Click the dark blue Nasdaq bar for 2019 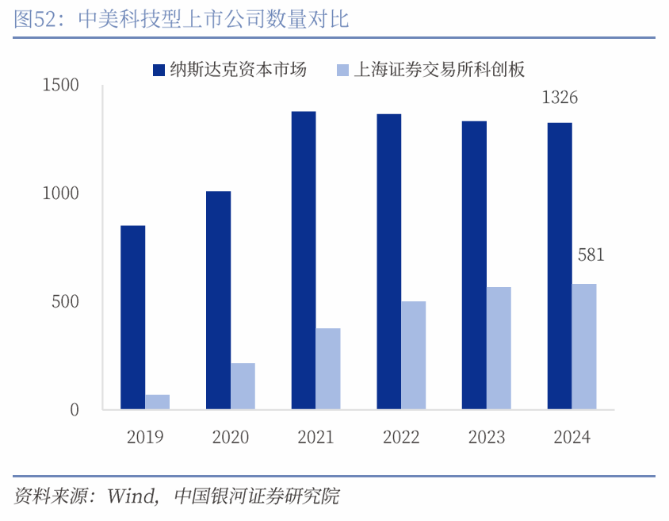[x=133, y=317]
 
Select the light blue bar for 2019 [x=158, y=402]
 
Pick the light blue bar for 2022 [x=414, y=355]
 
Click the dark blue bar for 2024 [x=560, y=266]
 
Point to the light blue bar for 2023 [x=499, y=348]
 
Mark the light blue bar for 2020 [x=243, y=386]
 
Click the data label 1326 [x=560, y=98]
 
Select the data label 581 [x=591, y=255]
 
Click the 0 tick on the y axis [x=75, y=410]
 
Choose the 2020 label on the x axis [x=231, y=437]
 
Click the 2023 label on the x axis [x=487, y=437]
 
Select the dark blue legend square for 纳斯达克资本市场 [x=159, y=70]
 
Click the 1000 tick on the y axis [x=61, y=193]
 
